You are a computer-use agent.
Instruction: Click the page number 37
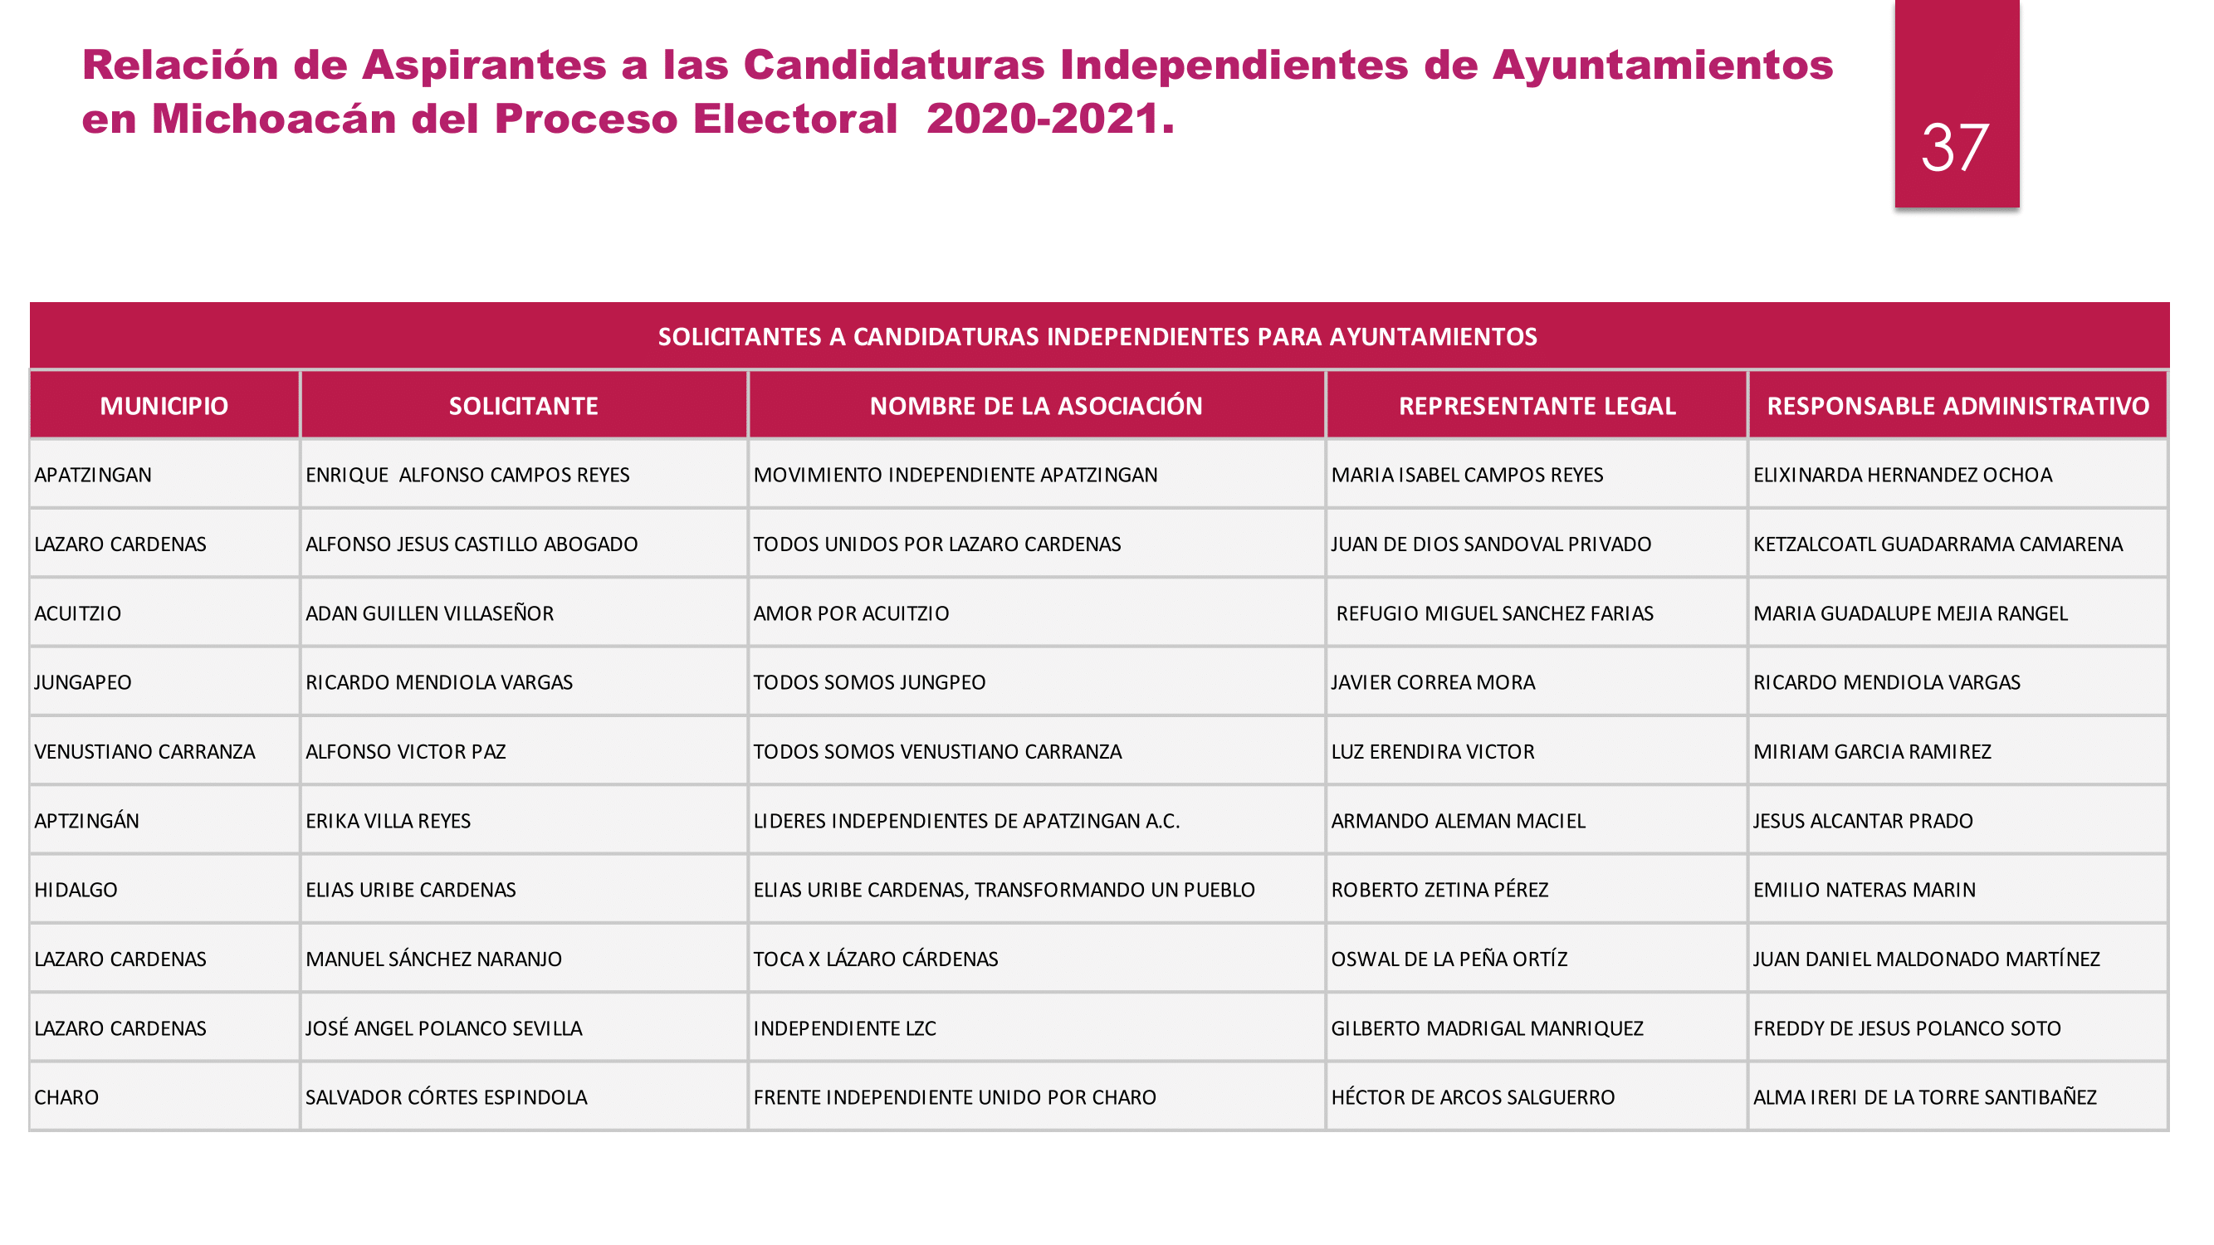1954,148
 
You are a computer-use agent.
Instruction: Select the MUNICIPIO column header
164,406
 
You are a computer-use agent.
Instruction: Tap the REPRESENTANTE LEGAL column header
1537,406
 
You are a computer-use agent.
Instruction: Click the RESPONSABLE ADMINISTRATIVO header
1957,406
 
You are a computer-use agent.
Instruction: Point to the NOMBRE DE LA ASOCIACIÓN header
1036,406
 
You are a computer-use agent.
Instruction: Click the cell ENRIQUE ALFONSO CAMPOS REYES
467,475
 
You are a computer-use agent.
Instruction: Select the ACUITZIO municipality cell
78,613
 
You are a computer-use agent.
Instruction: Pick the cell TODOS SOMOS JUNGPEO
869,682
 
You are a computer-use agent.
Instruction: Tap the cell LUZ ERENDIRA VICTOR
1432,752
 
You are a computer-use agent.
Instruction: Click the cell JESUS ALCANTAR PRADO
1863,821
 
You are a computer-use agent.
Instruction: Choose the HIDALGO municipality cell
76,890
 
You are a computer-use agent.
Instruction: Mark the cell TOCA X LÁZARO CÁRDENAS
875,959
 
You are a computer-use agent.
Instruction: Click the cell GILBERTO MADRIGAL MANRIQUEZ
1486,1028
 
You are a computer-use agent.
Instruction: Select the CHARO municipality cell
67,1097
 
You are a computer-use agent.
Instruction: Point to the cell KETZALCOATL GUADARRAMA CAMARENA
1938,544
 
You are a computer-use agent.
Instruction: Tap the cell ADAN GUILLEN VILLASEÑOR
430,613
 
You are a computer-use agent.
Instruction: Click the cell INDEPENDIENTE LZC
844,1028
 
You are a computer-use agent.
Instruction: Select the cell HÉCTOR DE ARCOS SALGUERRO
1473,1097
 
